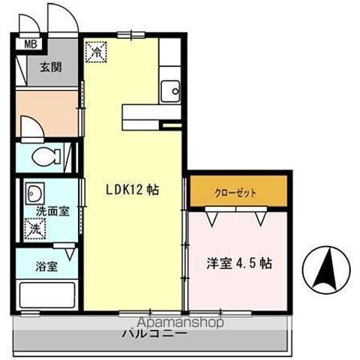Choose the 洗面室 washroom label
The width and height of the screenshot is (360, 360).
coord(53,211)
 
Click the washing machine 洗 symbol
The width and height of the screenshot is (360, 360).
coord(35,228)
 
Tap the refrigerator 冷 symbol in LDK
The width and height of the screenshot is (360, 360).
coord(97,51)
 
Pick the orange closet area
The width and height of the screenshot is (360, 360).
coord(236,193)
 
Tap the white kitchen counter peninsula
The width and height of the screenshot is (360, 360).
coord(150,113)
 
